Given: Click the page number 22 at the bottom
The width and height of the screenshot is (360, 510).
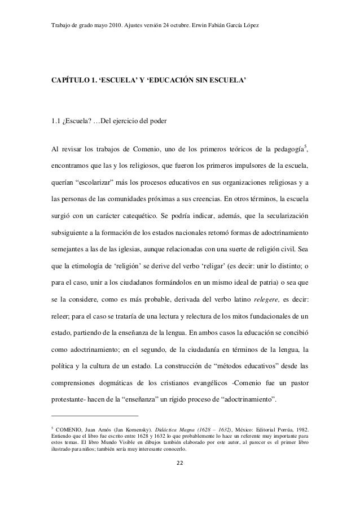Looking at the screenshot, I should coord(179,480).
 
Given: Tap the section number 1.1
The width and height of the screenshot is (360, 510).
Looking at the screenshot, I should coord(56,119).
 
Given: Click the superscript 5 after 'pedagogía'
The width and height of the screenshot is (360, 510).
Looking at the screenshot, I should coord(305,147).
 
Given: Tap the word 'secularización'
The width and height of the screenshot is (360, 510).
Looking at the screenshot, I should coord(284,215).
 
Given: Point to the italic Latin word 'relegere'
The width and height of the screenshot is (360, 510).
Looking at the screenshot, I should coord(269,283).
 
